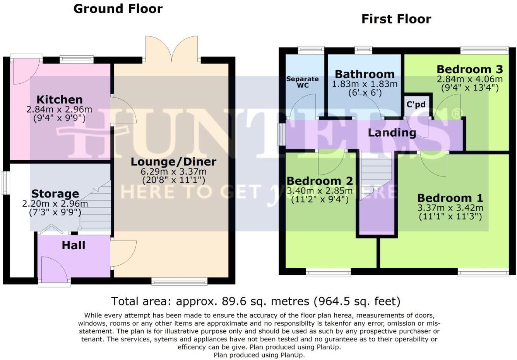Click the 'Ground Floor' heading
[118, 9]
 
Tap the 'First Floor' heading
[396, 19]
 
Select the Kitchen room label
[59, 99]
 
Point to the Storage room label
[55, 194]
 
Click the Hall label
[74, 245]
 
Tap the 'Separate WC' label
[302, 82]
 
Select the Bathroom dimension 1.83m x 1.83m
[365, 84]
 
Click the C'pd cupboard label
[416, 105]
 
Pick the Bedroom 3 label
[469, 70]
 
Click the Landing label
[392, 133]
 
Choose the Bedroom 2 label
[320, 181]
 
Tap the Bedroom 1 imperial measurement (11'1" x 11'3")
[450, 216]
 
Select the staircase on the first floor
[375, 174]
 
